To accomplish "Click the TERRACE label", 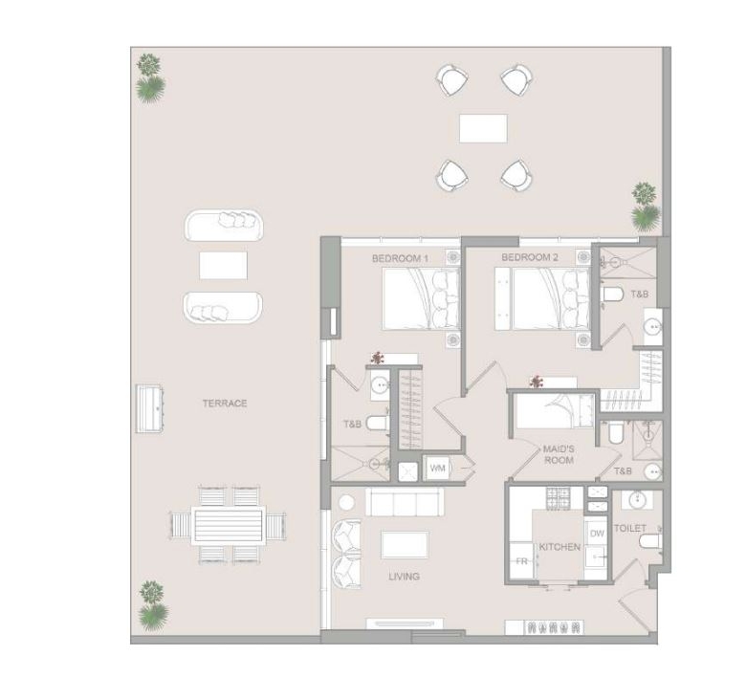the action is [225, 404].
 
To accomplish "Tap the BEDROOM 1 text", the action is [400, 258].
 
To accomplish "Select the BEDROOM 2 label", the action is [530, 257].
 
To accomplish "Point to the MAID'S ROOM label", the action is [559, 455].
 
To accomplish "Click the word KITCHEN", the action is [559, 547].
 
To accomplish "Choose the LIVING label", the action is [404, 577].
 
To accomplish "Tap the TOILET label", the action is [630, 528].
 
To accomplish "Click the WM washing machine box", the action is [437, 469].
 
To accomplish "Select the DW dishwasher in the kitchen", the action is [597, 534].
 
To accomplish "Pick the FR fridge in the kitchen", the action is [521, 561].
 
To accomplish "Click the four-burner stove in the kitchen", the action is [558, 498].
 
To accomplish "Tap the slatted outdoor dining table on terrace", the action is [228, 525].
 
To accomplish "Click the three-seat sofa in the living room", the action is [405, 502].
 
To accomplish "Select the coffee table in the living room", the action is [405, 545].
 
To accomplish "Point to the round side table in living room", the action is [347, 503].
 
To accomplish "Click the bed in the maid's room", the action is [556, 410].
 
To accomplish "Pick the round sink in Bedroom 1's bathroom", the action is [380, 384].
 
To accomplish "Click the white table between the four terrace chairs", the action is [483, 128].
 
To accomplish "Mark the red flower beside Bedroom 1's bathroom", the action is [378, 358].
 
